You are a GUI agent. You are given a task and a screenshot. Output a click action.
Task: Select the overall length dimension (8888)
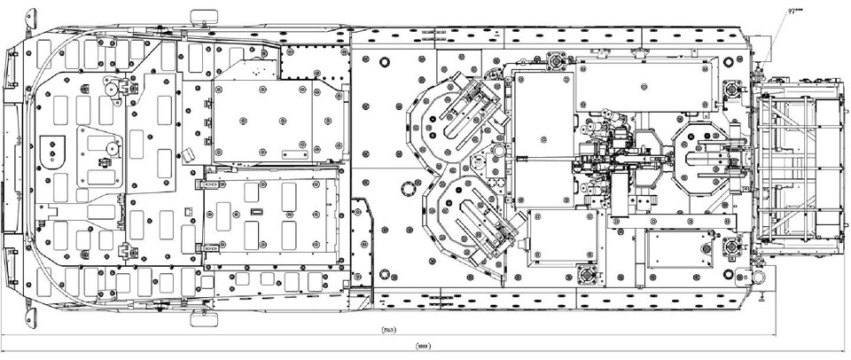[424, 347]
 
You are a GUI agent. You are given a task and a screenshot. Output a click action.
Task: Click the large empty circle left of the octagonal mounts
[408, 188]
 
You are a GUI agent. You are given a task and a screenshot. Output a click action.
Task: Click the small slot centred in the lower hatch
[256, 212]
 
